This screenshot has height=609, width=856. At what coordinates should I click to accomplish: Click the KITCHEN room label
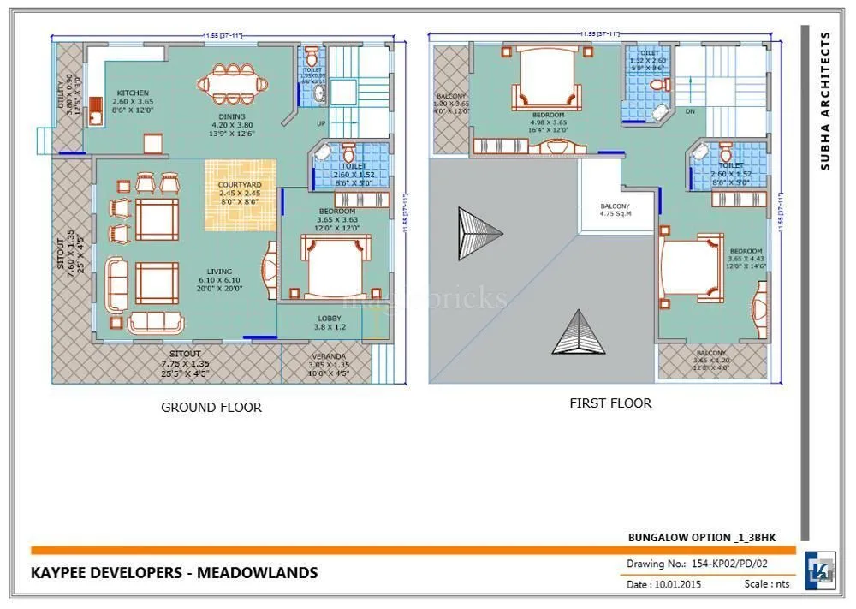133,93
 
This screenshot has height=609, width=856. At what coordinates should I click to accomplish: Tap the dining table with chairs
232,85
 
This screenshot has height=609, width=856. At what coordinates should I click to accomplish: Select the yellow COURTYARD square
240,195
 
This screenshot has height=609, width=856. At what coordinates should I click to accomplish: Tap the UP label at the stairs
321,123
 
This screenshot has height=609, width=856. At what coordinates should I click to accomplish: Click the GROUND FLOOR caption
211,408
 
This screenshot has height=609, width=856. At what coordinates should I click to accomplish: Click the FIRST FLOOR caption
610,403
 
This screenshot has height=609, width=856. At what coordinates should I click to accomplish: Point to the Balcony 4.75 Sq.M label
615,211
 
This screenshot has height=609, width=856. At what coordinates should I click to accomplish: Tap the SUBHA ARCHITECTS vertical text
825,101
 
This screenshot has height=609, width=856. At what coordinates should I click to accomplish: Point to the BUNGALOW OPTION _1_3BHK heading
701,537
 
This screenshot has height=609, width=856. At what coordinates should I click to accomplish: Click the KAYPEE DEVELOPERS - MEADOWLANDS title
175,572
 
